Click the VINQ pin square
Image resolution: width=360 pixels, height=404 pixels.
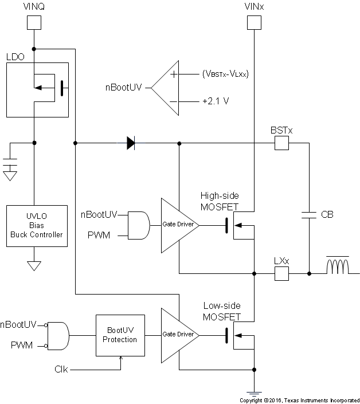34,22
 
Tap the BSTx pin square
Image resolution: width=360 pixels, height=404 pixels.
281,143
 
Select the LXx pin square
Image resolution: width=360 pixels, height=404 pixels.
281,273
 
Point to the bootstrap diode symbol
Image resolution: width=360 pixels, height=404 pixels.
131,143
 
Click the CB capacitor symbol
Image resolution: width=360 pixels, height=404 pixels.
310,215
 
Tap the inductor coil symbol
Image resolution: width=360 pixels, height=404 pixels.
338,268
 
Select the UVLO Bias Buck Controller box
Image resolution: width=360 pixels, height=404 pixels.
34,225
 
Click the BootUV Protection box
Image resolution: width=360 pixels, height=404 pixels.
121,335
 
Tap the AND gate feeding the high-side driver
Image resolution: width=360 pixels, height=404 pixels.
139,225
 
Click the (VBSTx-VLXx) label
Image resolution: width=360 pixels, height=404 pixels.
225,74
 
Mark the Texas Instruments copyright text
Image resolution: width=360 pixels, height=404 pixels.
299,399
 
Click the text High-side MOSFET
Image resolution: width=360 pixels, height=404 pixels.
220,201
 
